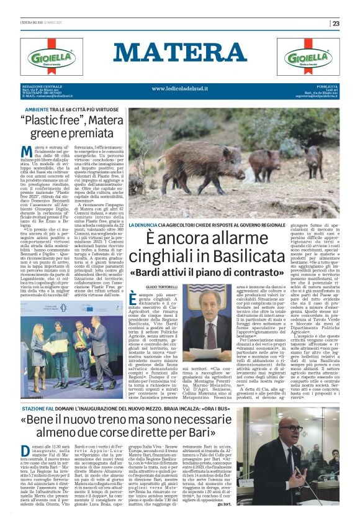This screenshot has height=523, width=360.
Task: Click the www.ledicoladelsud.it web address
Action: coord(179,88)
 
